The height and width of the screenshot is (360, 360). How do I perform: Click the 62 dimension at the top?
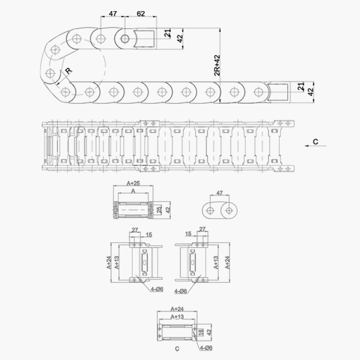(x=141, y=14)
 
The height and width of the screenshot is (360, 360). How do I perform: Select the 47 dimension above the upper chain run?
(x=113, y=14)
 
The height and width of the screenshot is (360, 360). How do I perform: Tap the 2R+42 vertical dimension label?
(x=217, y=66)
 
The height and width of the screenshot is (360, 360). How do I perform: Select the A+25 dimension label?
(x=133, y=183)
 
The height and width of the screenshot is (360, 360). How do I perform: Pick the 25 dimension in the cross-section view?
(x=159, y=210)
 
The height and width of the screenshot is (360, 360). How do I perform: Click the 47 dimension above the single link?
(x=219, y=193)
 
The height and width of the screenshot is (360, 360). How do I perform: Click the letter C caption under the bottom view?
(x=176, y=349)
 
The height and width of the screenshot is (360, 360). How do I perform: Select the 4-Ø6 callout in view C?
(x=206, y=348)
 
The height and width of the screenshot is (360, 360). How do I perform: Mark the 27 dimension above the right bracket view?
(x=202, y=229)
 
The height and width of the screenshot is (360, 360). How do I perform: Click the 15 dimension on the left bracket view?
(x=149, y=235)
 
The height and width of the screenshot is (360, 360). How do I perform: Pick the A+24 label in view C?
(x=177, y=309)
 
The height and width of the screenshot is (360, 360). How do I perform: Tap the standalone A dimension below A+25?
(x=133, y=190)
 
